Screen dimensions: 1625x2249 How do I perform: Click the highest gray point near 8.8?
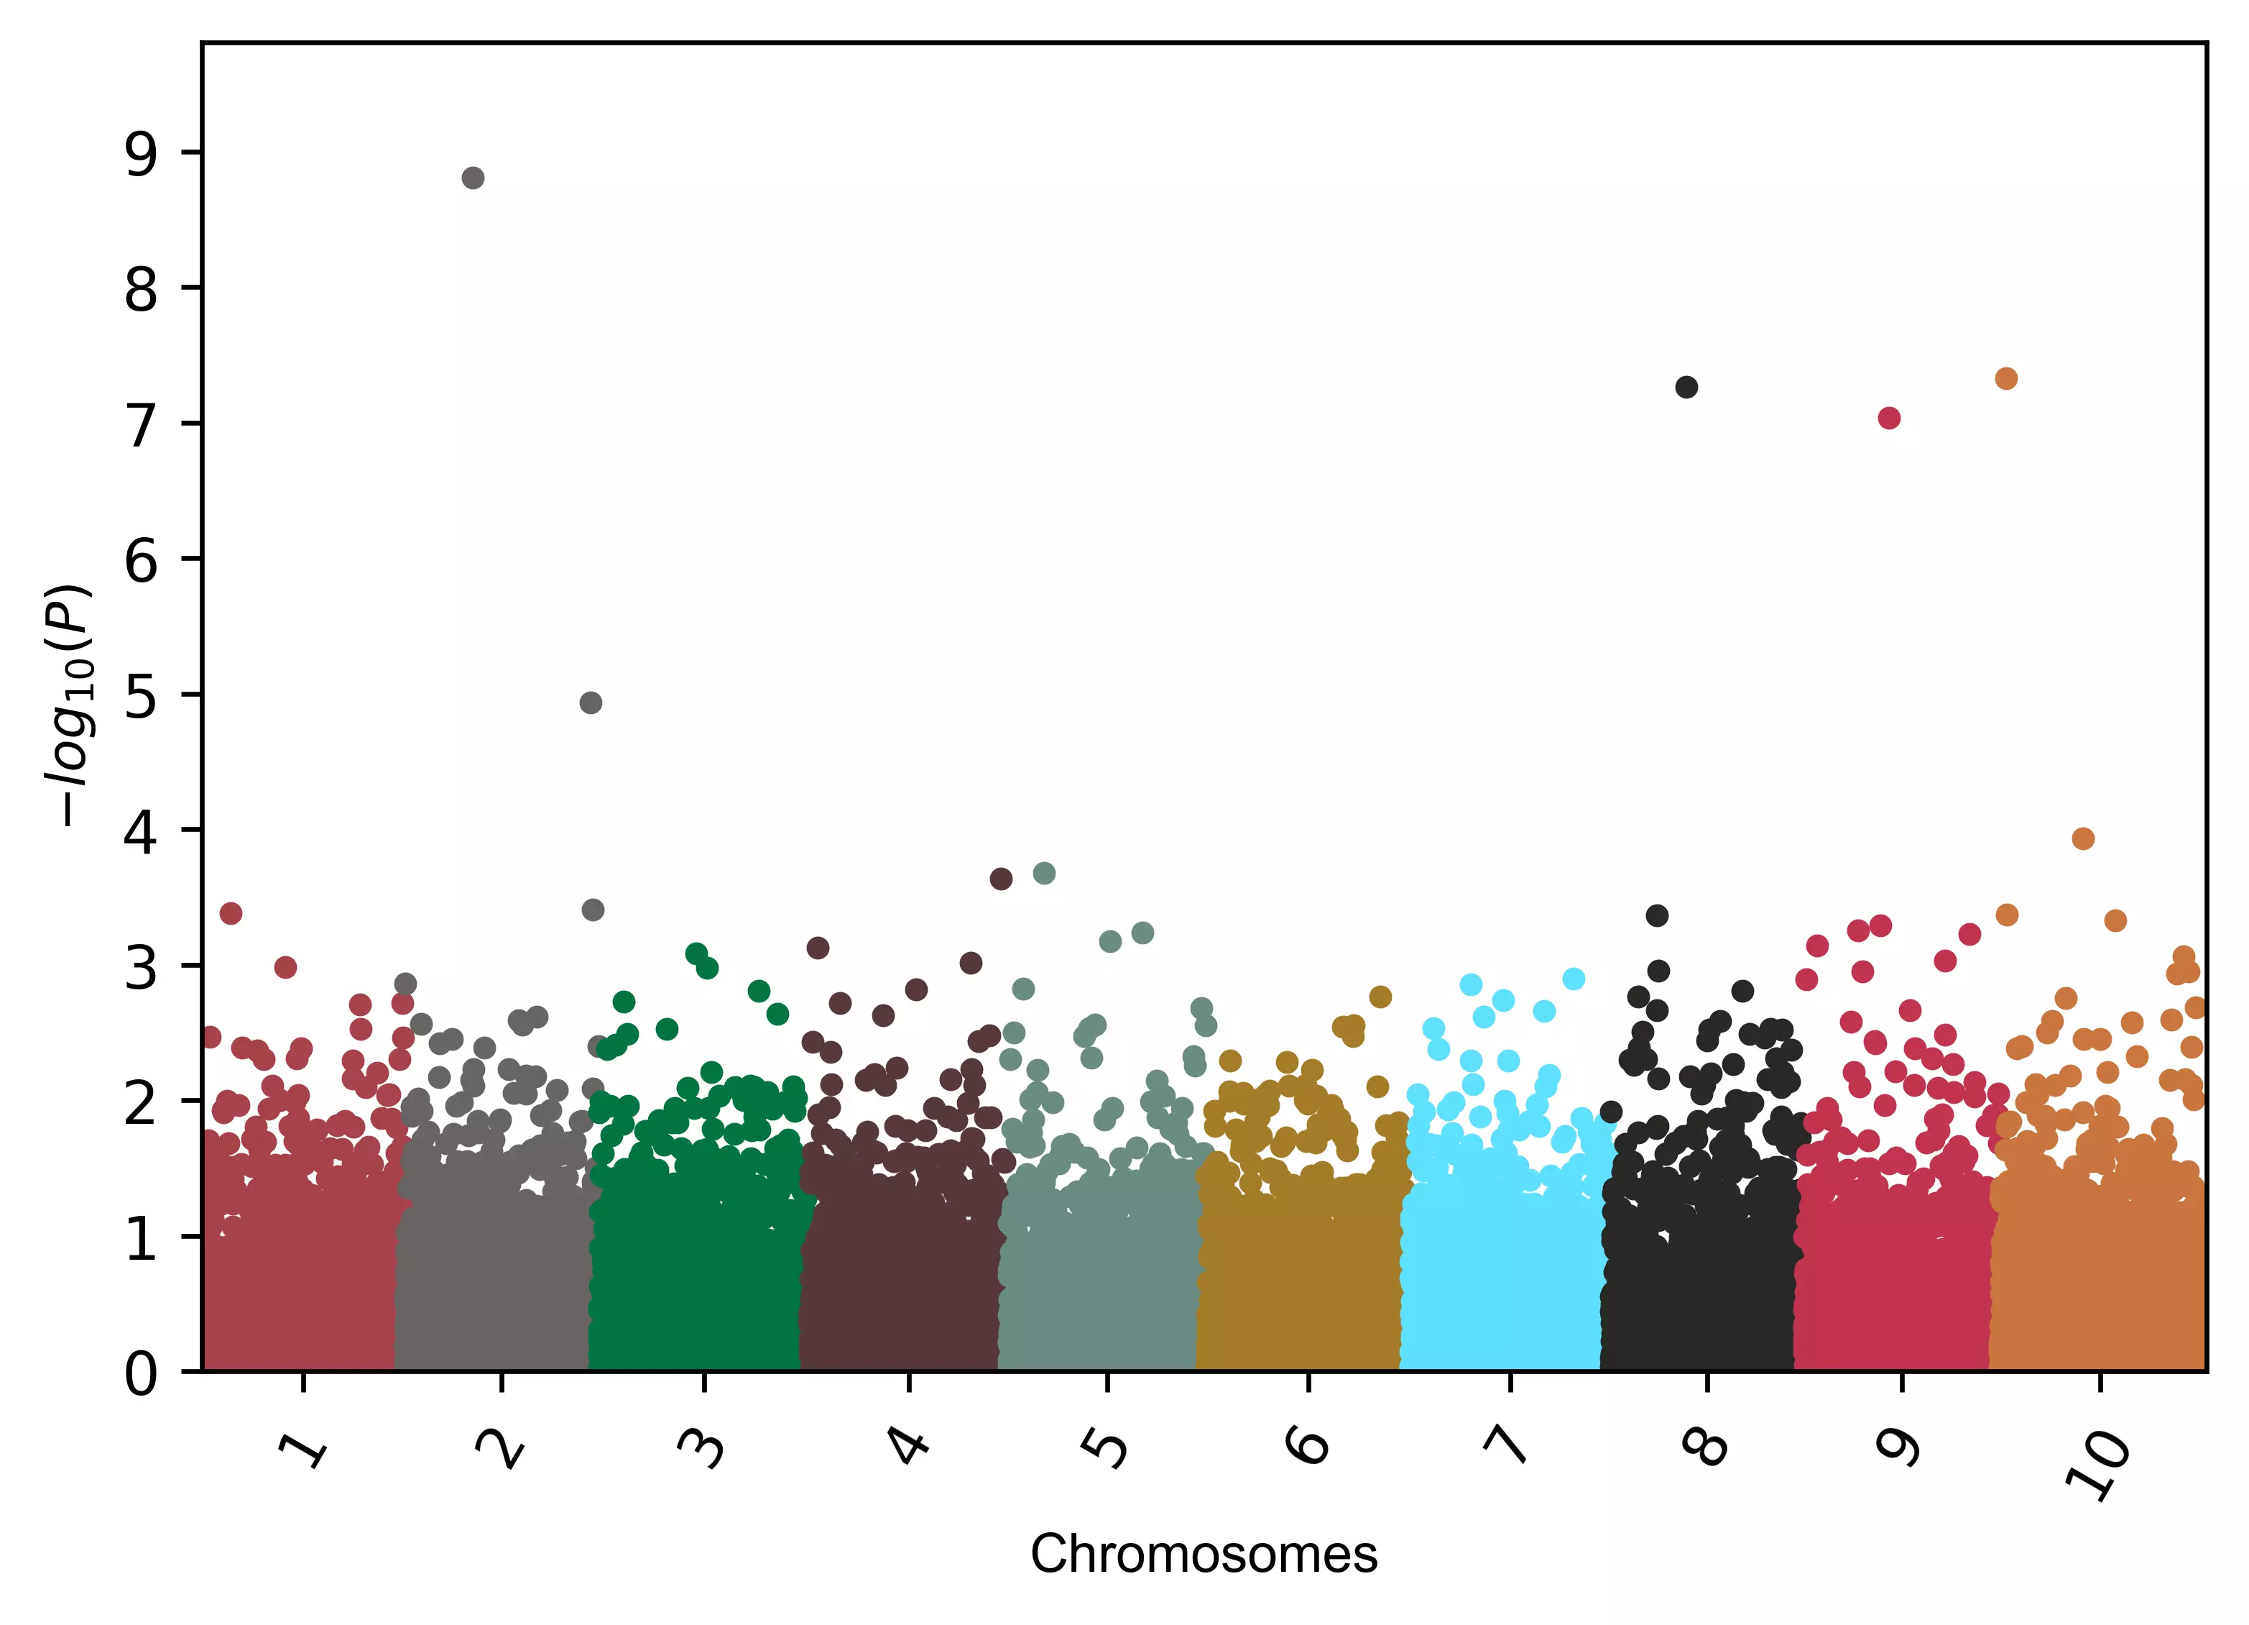[473, 178]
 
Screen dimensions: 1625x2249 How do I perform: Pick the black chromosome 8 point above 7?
[1686, 387]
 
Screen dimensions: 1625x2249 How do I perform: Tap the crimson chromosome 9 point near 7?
[1889, 418]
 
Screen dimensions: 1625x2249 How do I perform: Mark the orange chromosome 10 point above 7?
[2006, 378]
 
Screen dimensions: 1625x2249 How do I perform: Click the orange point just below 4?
[2084, 838]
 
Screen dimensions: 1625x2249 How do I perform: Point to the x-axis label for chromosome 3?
[702, 1447]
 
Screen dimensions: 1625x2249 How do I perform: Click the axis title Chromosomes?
[1204, 1554]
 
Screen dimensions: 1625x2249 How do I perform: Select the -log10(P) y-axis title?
[70, 705]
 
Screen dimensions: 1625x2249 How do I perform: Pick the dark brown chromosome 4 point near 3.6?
[1000, 878]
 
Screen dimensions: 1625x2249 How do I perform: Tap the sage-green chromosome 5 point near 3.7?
[1044, 873]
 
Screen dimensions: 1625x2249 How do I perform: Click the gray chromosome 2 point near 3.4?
[593, 910]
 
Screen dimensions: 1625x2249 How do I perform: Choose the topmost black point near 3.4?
[1657, 915]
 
